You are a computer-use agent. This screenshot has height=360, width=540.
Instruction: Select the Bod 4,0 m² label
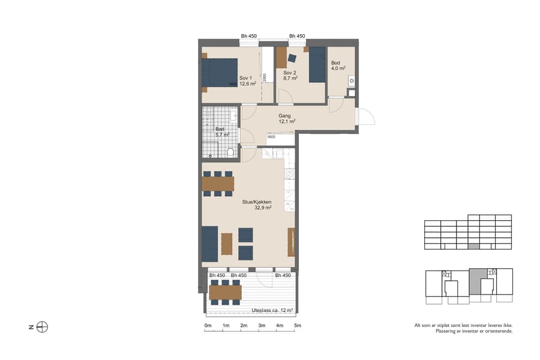coord(338,65)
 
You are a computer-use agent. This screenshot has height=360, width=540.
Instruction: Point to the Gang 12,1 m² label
coord(286,118)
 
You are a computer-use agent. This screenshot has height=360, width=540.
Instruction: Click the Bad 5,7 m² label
coord(222,132)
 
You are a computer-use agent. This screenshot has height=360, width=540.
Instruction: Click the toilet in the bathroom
coord(230,152)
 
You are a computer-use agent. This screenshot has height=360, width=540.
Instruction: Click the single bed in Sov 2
coord(317,65)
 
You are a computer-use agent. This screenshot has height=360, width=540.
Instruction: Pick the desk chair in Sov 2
coord(292,58)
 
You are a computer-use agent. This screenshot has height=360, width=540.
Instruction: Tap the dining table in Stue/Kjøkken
coord(218,183)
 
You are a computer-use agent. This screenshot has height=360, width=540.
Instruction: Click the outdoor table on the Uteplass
coord(225,292)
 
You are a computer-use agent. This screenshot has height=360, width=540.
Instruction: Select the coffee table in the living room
coord(227,244)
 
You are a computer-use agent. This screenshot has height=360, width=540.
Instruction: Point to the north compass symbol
coord(42,327)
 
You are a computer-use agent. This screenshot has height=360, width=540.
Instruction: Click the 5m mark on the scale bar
coord(298,326)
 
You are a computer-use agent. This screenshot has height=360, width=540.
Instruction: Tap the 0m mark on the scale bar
coord(208,326)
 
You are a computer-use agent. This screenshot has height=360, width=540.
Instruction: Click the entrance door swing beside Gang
coord(364,117)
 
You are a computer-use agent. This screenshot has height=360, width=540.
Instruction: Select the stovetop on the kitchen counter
coord(289,174)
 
